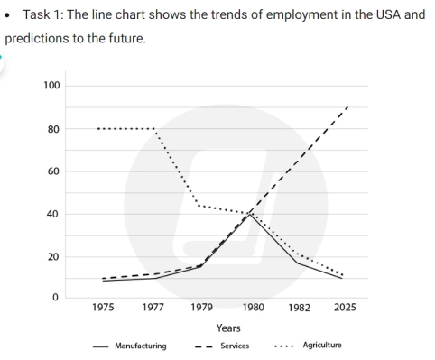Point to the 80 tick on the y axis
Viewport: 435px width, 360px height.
pyautogui.click(x=52, y=129)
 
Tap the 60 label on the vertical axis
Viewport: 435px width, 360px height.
pyautogui.click(x=52, y=171)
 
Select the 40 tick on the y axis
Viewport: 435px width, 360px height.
pyautogui.click(x=52, y=214)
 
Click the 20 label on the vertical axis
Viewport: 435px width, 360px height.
pyautogui.click(x=52, y=256)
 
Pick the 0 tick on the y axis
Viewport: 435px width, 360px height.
pyautogui.click(x=55, y=298)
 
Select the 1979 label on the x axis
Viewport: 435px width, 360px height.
pyautogui.click(x=204, y=308)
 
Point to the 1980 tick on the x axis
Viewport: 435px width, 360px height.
pyautogui.click(x=252, y=308)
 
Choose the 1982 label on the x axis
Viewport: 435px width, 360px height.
pyautogui.click(x=299, y=308)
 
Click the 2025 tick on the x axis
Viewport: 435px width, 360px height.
pyautogui.click(x=345, y=308)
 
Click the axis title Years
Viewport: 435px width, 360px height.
pyautogui.click(x=227, y=328)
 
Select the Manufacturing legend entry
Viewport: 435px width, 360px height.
pyautogui.click(x=143, y=345)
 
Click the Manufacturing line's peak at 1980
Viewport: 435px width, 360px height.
pyautogui.click(x=252, y=215)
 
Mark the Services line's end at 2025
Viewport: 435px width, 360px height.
pyautogui.click(x=347, y=107)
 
